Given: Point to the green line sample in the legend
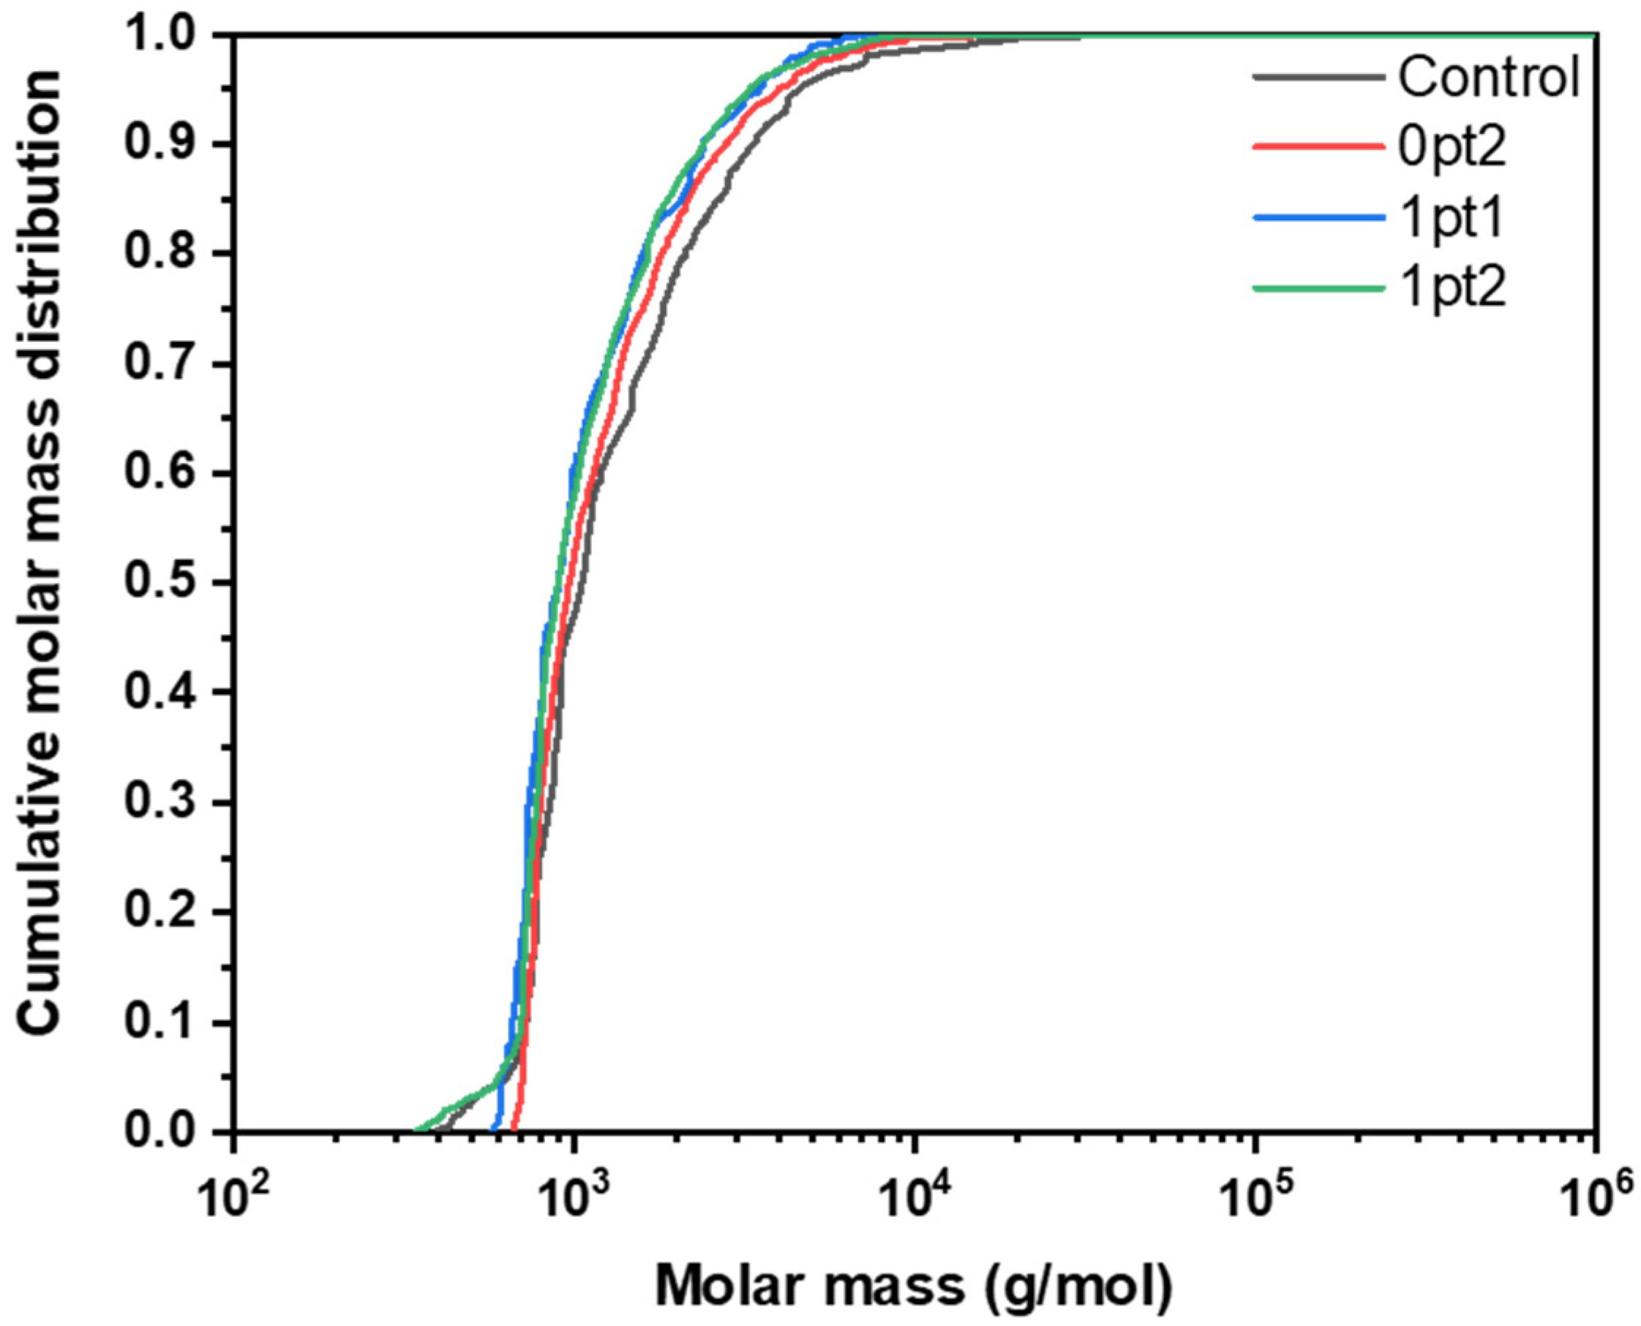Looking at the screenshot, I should [1318, 289].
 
